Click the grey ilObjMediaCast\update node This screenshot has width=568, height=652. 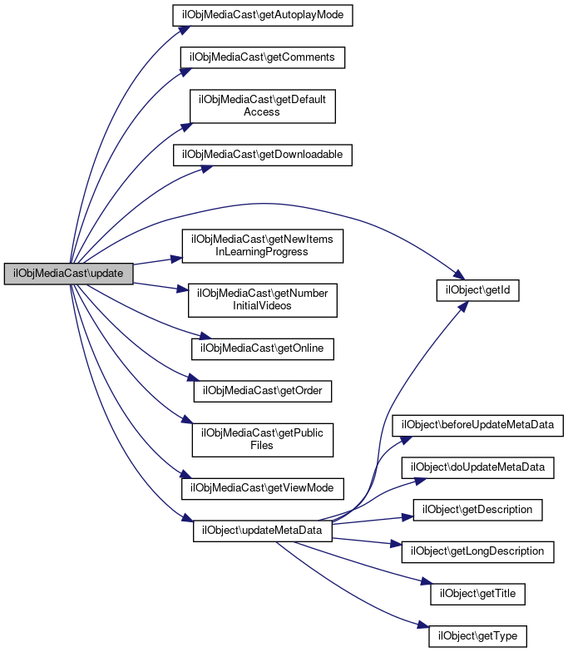point(68,274)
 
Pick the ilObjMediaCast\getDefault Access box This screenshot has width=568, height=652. point(263,106)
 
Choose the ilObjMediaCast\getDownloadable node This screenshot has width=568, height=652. point(263,154)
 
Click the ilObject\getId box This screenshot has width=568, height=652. point(478,290)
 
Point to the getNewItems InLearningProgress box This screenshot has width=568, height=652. point(263,245)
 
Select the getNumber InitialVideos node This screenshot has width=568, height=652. point(263,299)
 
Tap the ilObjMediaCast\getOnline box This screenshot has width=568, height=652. point(263,348)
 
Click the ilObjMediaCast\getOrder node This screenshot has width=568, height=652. point(263,390)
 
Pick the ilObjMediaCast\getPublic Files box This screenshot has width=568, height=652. point(263,439)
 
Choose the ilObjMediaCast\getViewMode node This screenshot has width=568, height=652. point(263,487)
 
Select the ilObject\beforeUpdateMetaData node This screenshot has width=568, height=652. point(478,425)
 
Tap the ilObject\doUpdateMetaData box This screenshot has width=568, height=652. point(478,467)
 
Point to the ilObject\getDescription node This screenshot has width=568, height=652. point(478,509)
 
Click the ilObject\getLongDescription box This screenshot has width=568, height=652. point(478,551)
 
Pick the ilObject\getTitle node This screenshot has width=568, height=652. point(478,594)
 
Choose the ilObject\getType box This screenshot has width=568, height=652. point(478,636)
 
